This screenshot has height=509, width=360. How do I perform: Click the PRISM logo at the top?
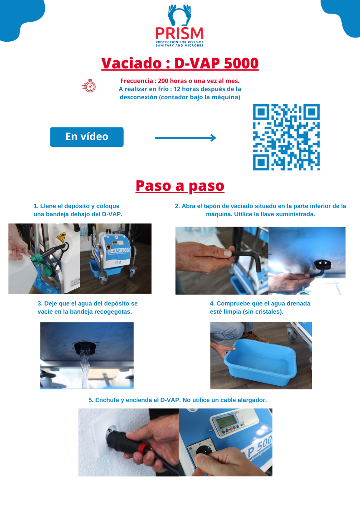pos(180,25)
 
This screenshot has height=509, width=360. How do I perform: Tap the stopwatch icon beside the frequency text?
pos(89,86)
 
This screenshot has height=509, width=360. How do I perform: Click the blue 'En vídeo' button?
pos(87,137)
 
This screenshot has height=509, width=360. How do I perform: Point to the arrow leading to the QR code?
pos(185,138)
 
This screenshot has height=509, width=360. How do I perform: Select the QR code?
pos(286,137)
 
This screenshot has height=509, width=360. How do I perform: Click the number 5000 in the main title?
pos(241,63)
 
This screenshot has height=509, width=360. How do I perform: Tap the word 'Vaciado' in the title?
pos(131,63)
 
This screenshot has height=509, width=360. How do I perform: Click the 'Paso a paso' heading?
pos(180,186)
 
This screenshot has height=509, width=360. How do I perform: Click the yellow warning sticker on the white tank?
pos(61,238)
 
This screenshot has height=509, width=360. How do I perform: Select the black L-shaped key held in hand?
pos(246,260)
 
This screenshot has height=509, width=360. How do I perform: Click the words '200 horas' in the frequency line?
pos(171,81)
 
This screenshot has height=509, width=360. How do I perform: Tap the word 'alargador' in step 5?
pos(252,400)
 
